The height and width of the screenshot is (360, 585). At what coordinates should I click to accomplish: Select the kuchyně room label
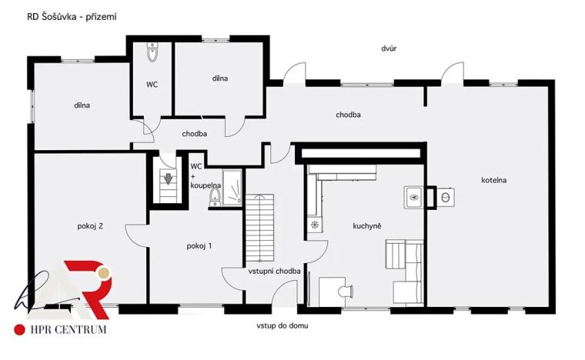click(367, 225)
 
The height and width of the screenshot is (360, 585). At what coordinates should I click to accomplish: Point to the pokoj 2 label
click(90, 226)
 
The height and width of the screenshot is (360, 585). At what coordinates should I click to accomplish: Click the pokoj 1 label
click(199, 245)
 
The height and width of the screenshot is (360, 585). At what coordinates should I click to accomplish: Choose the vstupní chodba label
click(274, 271)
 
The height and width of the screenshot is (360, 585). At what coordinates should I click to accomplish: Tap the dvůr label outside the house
click(389, 48)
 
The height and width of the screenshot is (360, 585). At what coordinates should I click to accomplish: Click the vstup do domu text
click(282, 325)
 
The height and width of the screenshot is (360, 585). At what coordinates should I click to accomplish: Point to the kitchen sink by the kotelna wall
click(413, 197)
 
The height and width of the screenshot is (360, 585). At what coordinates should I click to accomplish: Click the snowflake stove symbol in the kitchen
click(315, 225)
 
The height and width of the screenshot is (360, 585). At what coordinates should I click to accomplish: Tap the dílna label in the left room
click(83, 105)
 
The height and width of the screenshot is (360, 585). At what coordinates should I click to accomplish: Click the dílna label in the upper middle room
click(221, 78)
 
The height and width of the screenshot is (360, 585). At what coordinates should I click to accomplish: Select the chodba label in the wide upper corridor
click(348, 115)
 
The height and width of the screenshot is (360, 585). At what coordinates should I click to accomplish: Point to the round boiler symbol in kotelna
click(446, 197)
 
